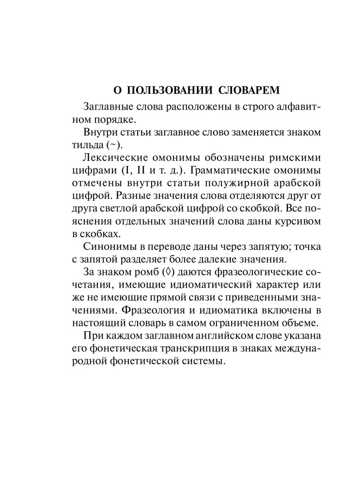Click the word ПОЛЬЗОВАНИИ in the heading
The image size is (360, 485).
(x=159, y=90)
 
